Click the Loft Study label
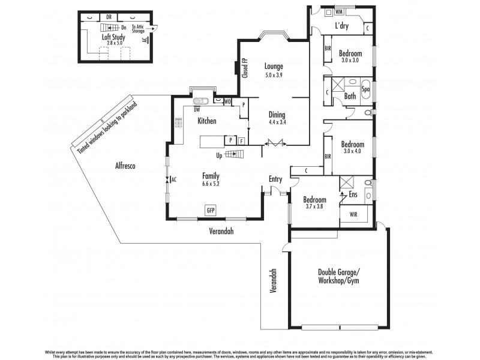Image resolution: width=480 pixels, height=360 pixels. (113, 37)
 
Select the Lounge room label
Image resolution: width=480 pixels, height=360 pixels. (274, 66)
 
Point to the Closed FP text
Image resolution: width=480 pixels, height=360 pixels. (245, 68)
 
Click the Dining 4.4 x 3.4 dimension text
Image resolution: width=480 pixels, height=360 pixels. (277, 122)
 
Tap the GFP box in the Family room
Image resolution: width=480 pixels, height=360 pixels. (211, 211)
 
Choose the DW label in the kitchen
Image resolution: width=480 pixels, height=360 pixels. (196, 109)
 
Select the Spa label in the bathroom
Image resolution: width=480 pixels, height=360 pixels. (365, 89)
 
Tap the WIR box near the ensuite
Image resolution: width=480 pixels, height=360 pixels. (348, 212)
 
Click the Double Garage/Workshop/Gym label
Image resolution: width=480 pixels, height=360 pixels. (338, 277)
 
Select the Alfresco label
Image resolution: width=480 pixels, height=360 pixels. (128, 168)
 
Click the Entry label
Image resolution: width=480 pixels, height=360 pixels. (275, 179)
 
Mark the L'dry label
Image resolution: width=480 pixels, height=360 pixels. (343, 27)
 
